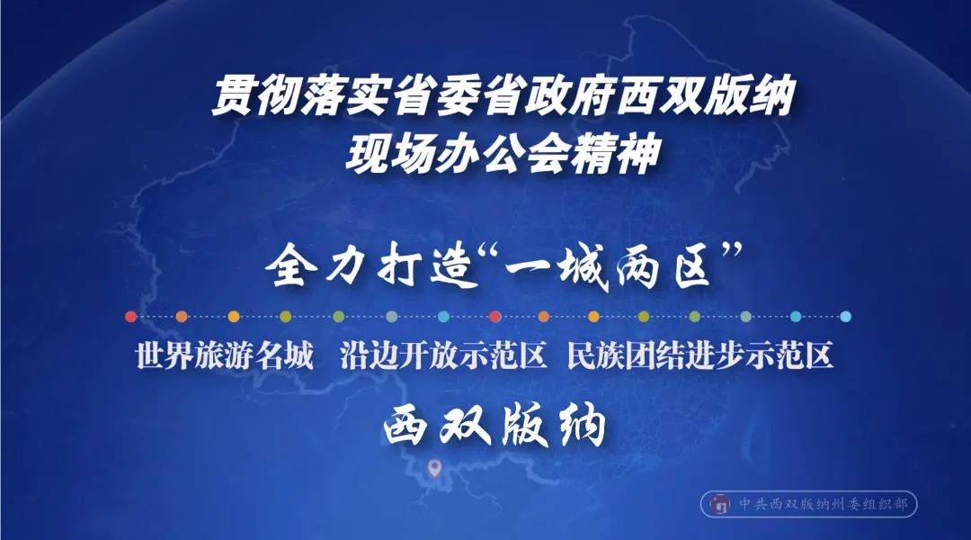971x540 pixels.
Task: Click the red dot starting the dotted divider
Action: click(x=131, y=317)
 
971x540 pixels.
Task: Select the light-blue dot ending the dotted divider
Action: click(x=845, y=317)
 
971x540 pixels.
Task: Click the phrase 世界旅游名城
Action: click(x=224, y=357)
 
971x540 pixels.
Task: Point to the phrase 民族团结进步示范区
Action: click(x=700, y=357)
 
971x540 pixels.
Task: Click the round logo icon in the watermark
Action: click(x=719, y=504)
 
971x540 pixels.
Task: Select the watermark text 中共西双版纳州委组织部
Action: click(x=822, y=504)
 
